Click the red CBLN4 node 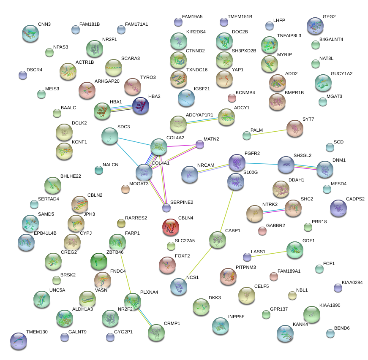[170, 227]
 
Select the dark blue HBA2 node [140, 106]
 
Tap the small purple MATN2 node [200, 144]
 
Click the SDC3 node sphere [110, 135]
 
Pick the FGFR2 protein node [237, 162]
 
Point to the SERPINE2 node [166, 207]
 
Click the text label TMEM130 [37, 332]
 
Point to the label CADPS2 [355, 199]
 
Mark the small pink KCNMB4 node [232, 98]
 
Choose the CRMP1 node [156, 332]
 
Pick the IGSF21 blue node [186, 98]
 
